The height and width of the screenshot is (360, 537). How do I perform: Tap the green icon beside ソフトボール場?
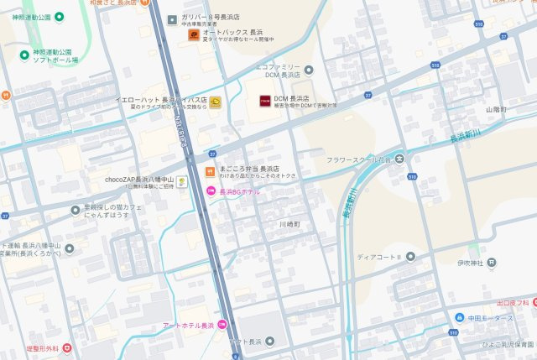click(x=24, y=55)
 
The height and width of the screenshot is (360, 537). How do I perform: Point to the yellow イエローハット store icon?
click(x=216, y=102)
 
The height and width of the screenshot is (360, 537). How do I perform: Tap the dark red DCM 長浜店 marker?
click(x=263, y=101)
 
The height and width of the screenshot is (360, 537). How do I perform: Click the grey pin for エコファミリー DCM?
click(x=309, y=70)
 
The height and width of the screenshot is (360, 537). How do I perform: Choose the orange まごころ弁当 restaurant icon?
click(x=208, y=172)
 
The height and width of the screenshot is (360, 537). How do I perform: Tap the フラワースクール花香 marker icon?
click(x=400, y=159)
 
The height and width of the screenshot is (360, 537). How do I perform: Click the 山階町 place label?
click(x=497, y=109)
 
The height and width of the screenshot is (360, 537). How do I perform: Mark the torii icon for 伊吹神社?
click(x=492, y=263)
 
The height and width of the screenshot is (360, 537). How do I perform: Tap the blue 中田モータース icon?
click(x=459, y=317)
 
